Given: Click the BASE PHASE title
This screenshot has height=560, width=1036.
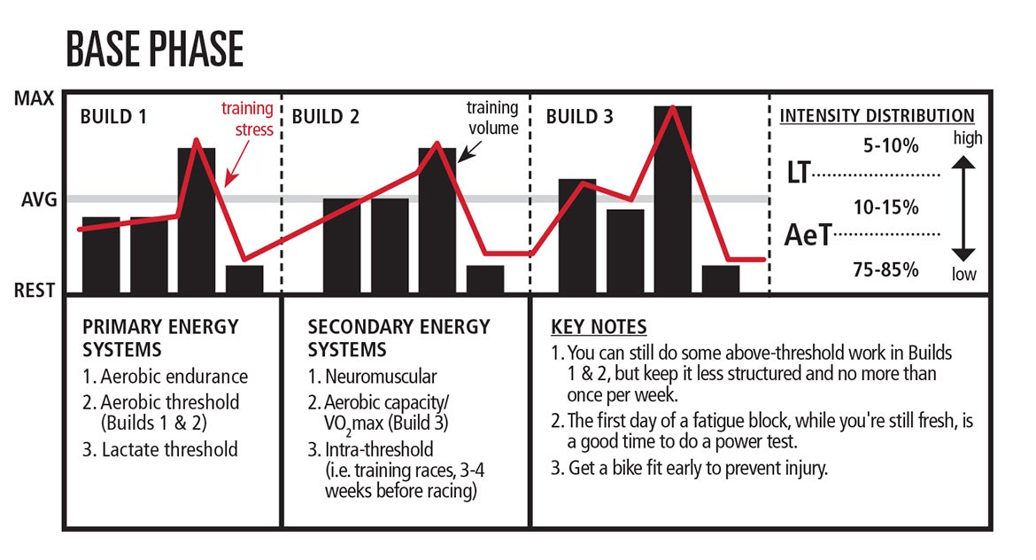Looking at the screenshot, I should point(154,50).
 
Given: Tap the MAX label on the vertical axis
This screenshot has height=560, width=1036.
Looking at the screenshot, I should point(35,98).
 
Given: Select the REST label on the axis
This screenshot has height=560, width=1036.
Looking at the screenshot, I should point(35,291).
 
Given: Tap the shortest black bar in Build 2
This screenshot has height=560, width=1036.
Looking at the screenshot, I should point(485,279).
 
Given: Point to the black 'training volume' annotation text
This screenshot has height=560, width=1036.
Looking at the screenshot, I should point(492,118).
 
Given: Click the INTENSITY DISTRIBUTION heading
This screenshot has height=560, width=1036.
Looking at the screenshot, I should point(877,116).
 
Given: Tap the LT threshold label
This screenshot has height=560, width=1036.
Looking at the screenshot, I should point(799,174).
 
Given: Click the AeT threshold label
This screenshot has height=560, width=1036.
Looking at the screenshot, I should point(808,235).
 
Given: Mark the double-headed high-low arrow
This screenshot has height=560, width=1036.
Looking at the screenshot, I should point(964,209).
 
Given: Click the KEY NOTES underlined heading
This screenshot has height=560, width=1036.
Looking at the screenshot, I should point(599,327).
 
